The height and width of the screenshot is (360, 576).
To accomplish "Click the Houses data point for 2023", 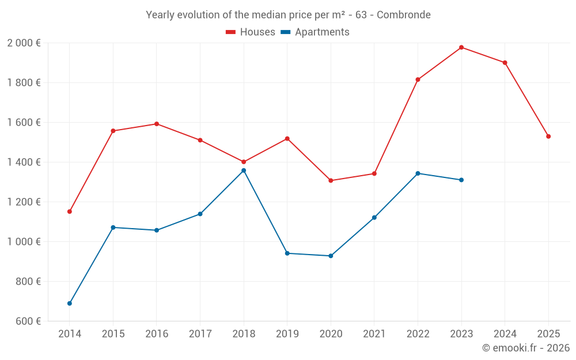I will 461,47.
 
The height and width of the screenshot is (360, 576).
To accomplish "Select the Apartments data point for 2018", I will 244,170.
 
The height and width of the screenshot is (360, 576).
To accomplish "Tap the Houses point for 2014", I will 70,211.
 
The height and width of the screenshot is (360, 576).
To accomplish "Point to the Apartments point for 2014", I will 70,304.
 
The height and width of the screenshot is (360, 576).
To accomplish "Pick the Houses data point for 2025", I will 548,137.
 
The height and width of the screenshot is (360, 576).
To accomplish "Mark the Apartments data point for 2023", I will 461,180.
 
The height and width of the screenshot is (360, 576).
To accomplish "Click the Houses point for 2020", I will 331,181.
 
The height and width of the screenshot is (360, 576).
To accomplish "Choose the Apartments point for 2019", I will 287,253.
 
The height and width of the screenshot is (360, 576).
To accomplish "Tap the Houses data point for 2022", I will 418,79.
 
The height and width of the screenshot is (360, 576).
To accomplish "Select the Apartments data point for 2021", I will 374,218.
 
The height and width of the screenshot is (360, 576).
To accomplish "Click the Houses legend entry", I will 251,32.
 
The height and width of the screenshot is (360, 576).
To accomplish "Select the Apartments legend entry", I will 315,32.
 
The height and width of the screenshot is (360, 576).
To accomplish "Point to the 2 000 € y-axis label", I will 24,43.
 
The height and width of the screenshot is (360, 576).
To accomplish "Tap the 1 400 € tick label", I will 24,162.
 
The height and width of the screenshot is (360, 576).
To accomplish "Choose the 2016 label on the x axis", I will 157,334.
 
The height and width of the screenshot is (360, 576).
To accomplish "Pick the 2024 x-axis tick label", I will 505,334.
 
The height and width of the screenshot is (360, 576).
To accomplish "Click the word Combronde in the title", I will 403,15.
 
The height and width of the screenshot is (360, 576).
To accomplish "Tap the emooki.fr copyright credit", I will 525,348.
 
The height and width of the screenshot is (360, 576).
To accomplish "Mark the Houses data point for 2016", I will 157,124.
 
